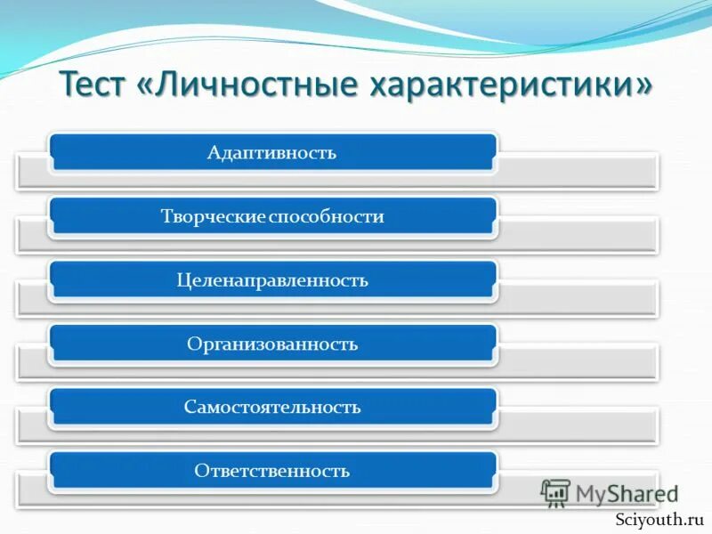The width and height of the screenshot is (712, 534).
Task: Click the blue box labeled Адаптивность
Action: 272,152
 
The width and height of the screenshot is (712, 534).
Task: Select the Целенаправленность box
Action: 272,280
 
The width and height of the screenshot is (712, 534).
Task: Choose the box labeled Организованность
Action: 272,344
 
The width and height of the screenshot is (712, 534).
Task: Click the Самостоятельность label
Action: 272,408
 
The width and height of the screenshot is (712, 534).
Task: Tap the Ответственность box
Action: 272,471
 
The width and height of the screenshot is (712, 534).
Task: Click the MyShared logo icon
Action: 555,493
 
